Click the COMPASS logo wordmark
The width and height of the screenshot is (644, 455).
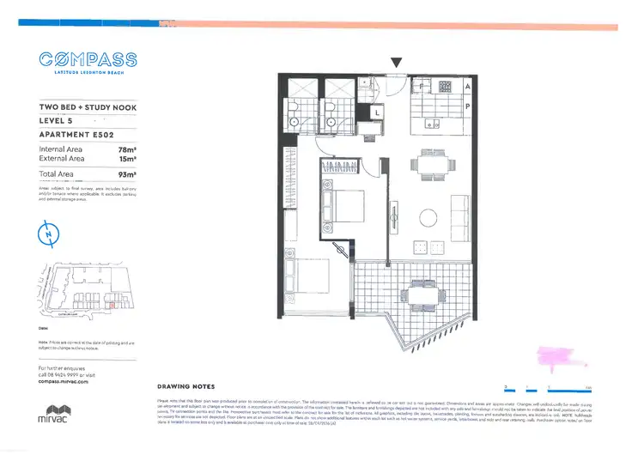[x=88, y=60]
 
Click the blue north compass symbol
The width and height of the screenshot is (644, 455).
[x=48, y=234]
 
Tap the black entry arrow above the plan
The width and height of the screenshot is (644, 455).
[x=395, y=63]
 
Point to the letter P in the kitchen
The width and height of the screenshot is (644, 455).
[x=467, y=106]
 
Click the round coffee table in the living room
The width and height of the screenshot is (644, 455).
[x=428, y=217]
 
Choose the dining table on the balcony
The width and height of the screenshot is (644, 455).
[x=420, y=294]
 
